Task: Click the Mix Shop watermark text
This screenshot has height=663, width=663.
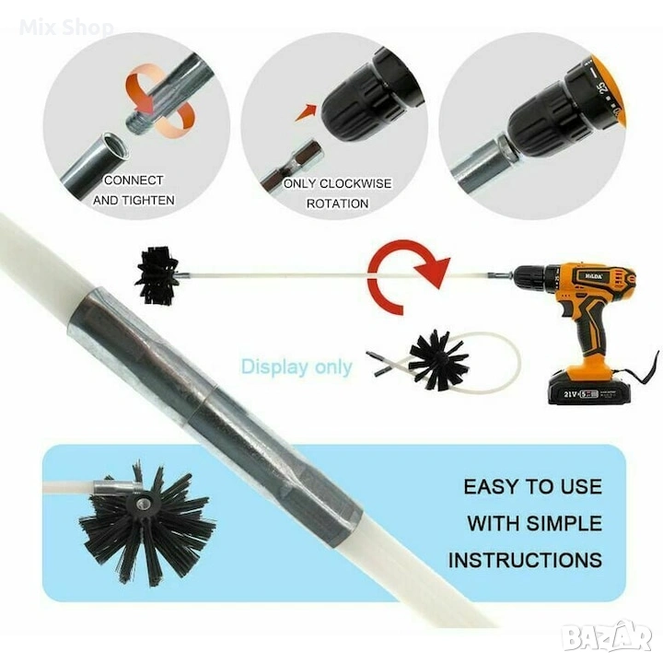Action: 66,28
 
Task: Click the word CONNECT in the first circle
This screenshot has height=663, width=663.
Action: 134,180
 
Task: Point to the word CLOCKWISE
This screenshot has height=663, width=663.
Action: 355,183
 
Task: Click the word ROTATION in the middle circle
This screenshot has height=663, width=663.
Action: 337,204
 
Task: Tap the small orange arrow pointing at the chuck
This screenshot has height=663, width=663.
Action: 306,112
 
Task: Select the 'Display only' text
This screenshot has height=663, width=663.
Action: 297,366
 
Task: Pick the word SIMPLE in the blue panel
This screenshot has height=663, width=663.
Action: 564,523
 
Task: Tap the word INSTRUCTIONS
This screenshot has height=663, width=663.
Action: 525,560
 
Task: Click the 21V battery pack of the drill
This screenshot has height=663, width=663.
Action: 589,388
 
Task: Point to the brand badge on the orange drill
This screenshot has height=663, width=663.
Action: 594,275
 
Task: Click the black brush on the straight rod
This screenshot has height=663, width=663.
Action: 157,276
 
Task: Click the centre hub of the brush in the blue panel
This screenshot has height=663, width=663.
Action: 140,503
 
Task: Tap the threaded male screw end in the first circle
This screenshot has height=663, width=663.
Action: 137,122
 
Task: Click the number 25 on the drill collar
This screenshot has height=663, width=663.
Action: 602,86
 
